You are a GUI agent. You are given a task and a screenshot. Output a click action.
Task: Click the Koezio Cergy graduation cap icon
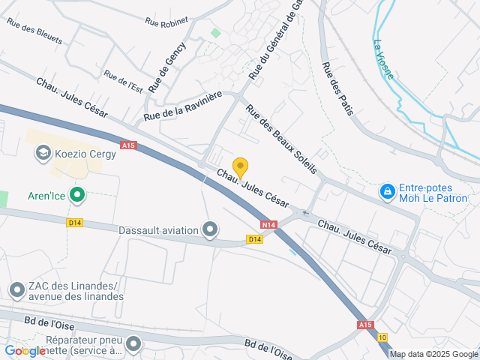(x=42, y=154)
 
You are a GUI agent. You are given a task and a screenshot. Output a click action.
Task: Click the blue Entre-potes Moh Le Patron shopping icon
(x=387, y=192)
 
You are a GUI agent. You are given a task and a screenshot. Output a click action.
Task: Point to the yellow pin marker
(x=240, y=166)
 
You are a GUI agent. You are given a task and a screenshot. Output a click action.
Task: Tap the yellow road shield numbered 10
(x=382, y=337)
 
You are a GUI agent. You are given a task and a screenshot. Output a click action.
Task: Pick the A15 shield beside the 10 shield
(x=365, y=325)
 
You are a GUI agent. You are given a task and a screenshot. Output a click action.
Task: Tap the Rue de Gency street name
(x=166, y=67)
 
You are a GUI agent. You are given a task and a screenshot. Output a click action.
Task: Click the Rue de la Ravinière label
(x=184, y=105)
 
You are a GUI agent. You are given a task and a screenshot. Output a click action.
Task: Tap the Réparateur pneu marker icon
(x=134, y=344)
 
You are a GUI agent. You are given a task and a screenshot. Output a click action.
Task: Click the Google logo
(x=25, y=351)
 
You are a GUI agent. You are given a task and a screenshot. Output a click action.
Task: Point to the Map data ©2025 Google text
(x=433, y=354)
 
